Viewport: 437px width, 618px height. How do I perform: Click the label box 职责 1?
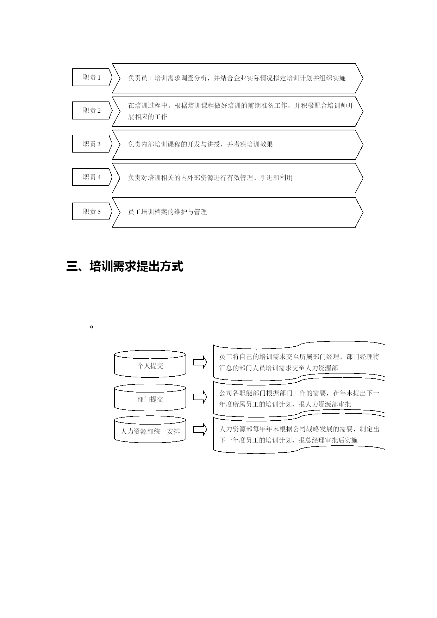pos(92,77)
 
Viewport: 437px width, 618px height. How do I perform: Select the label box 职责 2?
pos(92,110)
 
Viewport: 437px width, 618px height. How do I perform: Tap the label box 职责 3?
pos(92,144)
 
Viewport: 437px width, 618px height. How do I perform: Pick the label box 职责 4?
pos(92,177)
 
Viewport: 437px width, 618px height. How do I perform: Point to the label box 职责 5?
pos(92,211)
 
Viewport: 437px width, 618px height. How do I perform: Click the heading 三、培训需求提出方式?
pos(125,266)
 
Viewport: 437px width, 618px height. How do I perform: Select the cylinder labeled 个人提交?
pos(150,364)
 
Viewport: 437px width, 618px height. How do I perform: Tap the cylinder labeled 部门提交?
pos(150,397)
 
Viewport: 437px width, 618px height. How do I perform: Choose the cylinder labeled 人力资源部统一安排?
pos(150,429)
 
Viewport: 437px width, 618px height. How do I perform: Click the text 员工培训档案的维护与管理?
pos(167,212)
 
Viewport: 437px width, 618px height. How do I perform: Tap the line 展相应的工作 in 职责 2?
pos(148,117)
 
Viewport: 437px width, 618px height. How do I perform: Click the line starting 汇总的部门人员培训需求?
pos(279,368)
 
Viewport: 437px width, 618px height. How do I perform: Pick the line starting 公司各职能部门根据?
pos(299,393)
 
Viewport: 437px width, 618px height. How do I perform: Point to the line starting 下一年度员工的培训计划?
pos(288,440)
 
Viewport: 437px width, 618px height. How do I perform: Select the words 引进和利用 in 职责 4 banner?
pos(276,178)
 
